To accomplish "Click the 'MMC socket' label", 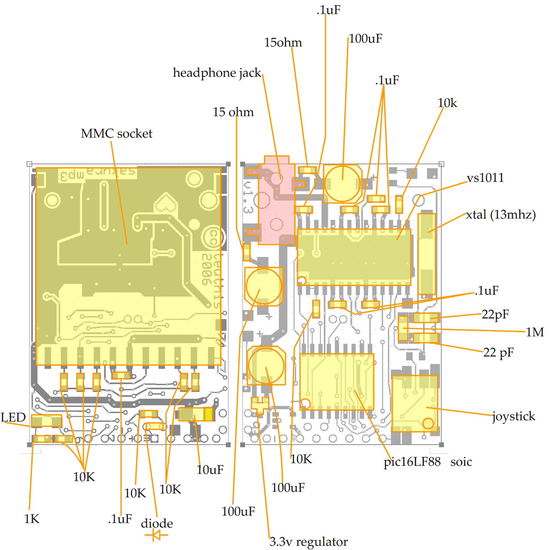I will coord(116,134).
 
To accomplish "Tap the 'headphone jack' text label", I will coord(216,73).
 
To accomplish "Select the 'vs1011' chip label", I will coord(485,178).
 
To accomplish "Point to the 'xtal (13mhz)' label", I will coord(500,214).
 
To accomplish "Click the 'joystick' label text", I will coord(513,416).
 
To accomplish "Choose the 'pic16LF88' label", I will coord(412,462).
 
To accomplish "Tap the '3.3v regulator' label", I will coord(308,542).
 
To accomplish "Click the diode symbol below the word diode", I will coord(156,534).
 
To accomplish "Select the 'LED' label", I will coord(13,417).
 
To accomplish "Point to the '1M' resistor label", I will coord(534,332).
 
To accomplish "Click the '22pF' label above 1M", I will coord(495,314).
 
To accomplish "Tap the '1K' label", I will coord(32,519).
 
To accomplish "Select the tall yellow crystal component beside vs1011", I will coord(426,254).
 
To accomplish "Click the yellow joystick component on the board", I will coord(414,403).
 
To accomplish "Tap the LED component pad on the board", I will coord(46,420).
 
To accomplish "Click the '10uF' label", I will coord(210,470).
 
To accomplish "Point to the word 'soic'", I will coord(461,462).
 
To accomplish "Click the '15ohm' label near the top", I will coord(283,43).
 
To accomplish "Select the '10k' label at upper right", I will coord(447,103).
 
